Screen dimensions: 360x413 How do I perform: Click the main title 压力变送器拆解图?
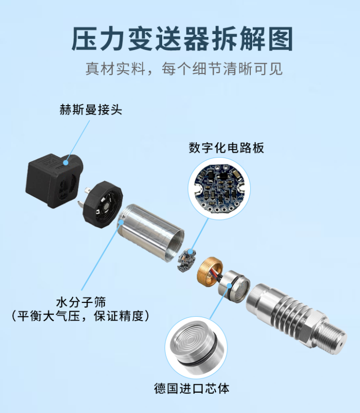pos(182,39)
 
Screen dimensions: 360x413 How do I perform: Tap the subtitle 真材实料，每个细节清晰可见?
pos(184,69)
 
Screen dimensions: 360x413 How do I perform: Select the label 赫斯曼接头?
pos(90,110)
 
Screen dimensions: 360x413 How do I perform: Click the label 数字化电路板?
pos(226,148)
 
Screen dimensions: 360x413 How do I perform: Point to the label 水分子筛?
pos(81,302)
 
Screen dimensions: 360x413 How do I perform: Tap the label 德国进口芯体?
pos(192,388)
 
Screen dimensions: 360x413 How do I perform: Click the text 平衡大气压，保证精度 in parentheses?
pos(81,316)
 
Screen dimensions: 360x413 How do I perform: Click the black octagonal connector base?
pos(103,205)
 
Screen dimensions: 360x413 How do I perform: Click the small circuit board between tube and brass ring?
pos(186,260)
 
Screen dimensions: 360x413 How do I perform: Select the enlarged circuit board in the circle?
pos(219,188)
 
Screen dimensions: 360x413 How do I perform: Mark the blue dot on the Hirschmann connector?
pos(65,163)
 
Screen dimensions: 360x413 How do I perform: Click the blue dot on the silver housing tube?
pos(121,223)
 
